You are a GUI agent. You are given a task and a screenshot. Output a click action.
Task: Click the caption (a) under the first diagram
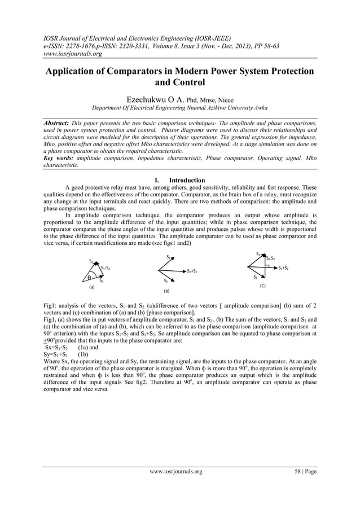[x=91, y=287]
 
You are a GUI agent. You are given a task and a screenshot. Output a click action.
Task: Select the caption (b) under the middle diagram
[x=166, y=292]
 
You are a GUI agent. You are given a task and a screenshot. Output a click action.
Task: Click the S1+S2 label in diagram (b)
[x=195, y=272]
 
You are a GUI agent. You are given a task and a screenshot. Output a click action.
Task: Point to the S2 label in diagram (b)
[x=165, y=280]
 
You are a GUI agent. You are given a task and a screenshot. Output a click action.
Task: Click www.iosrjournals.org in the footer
[x=175, y=471]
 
